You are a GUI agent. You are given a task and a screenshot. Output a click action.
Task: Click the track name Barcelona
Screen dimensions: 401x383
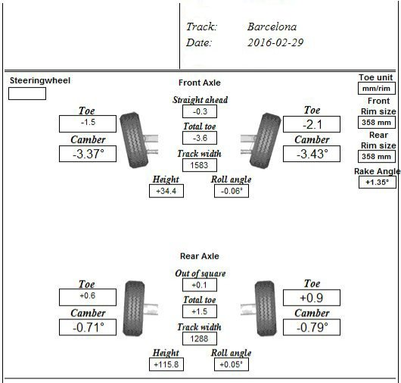[272, 26]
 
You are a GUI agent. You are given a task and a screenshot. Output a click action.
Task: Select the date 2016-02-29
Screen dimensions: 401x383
[275, 42]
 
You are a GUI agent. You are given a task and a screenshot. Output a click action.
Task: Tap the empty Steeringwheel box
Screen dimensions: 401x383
[27, 93]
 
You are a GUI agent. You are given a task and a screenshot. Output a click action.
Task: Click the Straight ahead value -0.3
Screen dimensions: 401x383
[200, 111]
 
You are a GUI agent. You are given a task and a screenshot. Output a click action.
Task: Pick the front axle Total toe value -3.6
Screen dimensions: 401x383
[200, 138]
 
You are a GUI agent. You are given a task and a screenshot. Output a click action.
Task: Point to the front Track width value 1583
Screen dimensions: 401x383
[200, 165]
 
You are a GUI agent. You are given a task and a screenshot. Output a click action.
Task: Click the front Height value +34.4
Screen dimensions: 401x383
[166, 191]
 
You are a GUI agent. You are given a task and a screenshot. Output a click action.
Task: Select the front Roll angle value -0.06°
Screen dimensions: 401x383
[232, 191]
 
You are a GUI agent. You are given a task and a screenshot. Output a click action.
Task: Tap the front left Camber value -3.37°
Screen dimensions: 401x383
[88, 154]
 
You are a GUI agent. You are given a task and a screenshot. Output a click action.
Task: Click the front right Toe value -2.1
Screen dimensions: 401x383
[312, 124]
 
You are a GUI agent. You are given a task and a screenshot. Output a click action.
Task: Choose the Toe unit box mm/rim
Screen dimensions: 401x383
[377, 89]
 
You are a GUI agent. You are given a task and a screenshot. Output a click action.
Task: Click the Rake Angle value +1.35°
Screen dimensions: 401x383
[378, 182]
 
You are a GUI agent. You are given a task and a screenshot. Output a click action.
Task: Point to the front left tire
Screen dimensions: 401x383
[134, 141]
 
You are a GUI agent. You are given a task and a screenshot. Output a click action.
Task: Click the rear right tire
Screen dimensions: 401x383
[266, 309]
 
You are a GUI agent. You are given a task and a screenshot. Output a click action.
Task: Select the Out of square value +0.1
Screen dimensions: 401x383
[200, 285]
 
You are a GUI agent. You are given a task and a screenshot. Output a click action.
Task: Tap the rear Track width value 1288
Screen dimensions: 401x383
[200, 338]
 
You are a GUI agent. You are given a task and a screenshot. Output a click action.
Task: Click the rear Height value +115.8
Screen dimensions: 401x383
[166, 364]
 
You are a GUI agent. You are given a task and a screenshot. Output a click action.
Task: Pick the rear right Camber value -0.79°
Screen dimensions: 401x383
[312, 327]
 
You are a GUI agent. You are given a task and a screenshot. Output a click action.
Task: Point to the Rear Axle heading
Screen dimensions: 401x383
[200, 256]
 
